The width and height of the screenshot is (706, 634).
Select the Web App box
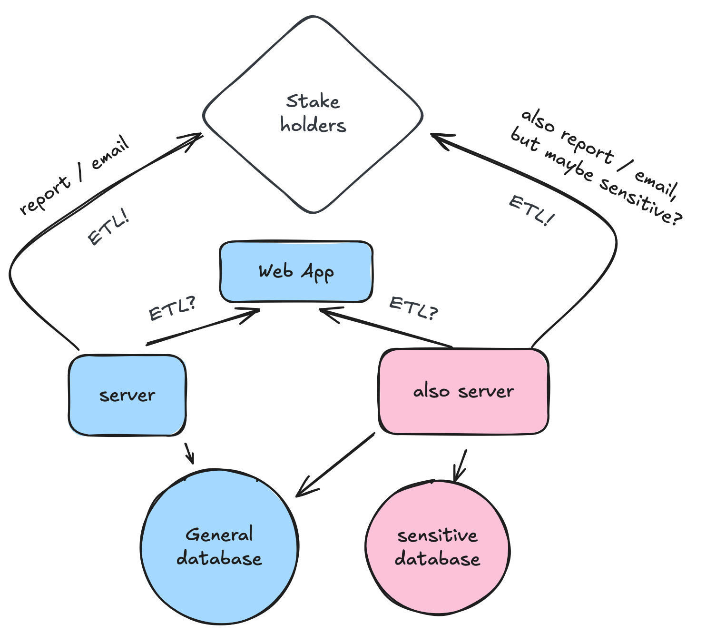pyautogui.click(x=296, y=272)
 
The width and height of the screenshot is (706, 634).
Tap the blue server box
pyautogui.click(x=127, y=395)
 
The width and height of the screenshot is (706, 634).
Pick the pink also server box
pyautogui.click(x=463, y=391)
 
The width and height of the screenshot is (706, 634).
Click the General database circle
pyautogui.click(x=219, y=547)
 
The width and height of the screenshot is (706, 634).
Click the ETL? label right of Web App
pyautogui.click(x=413, y=308)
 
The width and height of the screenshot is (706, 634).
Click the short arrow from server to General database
pyautogui.click(x=189, y=454)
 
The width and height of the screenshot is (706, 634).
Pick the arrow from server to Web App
pyautogui.click(x=202, y=327)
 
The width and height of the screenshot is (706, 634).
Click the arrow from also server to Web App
pyautogui.click(x=385, y=328)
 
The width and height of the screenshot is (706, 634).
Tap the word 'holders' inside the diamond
pyautogui.click(x=313, y=126)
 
